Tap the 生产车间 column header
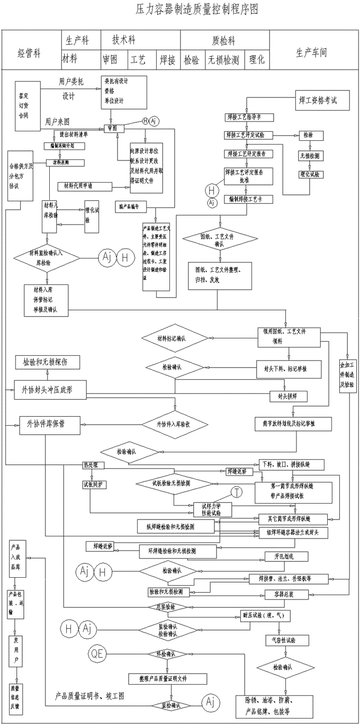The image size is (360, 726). (311, 53)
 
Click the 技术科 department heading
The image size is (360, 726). (123, 40)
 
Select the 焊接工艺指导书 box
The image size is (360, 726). (243, 117)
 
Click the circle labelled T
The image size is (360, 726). (237, 492)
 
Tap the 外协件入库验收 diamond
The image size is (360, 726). (173, 425)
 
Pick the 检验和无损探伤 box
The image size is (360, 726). (48, 362)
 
